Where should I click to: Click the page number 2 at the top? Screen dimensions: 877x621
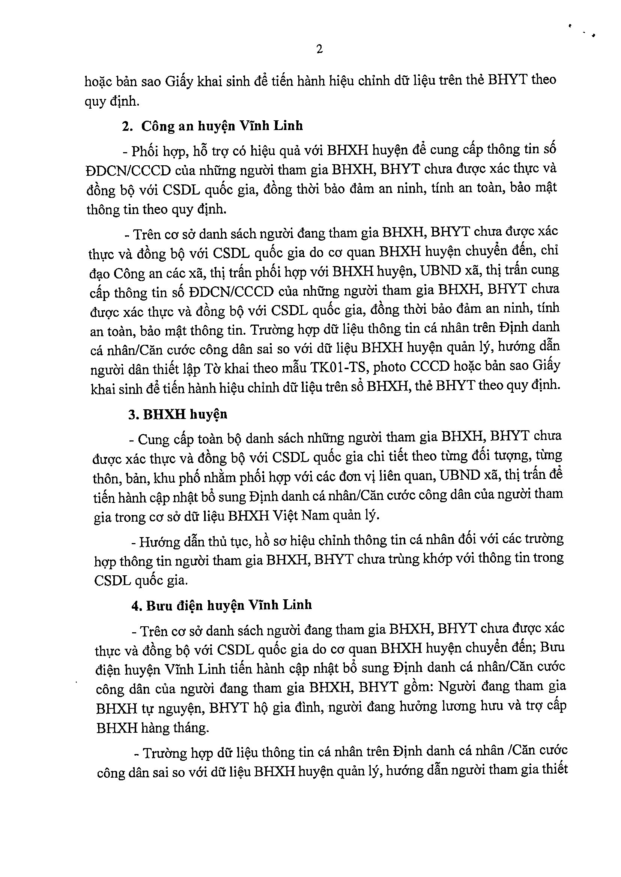pyautogui.click(x=320, y=49)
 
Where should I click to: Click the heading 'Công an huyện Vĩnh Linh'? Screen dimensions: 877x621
pyautogui.click(x=222, y=126)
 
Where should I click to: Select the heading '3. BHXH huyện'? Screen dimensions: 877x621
pyautogui.click(x=178, y=415)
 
